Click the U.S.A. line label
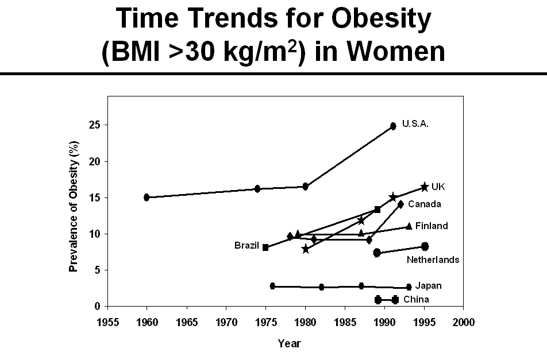pos(415,123)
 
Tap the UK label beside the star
pos(438,187)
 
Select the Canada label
pos(424,204)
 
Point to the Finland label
pos(431,226)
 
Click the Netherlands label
pos(433,260)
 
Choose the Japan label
pos(429,285)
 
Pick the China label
pos(416,299)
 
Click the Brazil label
pos(246,245)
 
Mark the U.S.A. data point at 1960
pos(147,198)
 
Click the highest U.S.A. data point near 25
pos(393,126)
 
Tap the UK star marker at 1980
pos(305,249)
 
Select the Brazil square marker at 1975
pos(265,247)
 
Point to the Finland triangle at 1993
pos(409,226)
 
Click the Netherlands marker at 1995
pos(425,246)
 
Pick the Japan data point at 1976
pos(272,286)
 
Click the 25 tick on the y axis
pos(98,125)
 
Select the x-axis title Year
pos(289,343)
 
